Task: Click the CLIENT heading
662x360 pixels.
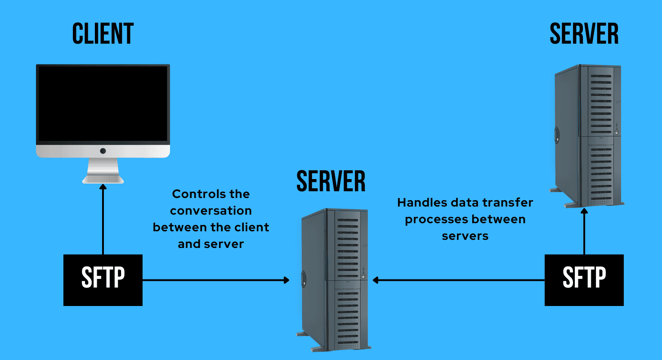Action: coord(103,34)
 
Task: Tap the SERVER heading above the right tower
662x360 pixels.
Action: coord(584,34)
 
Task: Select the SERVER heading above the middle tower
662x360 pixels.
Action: coord(331,181)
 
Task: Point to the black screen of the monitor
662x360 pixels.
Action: coord(103,103)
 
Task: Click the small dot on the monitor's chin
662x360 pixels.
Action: coord(103,151)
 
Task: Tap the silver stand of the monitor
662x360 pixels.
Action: coord(103,171)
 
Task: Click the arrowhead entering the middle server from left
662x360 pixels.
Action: coord(286,280)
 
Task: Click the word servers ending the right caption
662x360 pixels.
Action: coord(465,236)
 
